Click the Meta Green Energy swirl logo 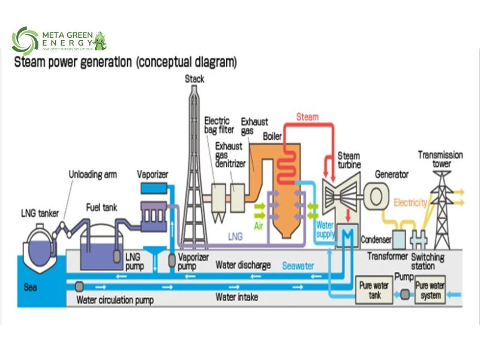[25, 40]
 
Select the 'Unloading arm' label [92, 175]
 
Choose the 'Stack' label [194, 79]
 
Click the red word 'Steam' [307, 117]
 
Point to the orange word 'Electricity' [410, 203]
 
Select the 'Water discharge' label [243, 265]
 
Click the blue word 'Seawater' [298, 265]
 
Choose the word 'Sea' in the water [31, 287]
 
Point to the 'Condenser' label [376, 240]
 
